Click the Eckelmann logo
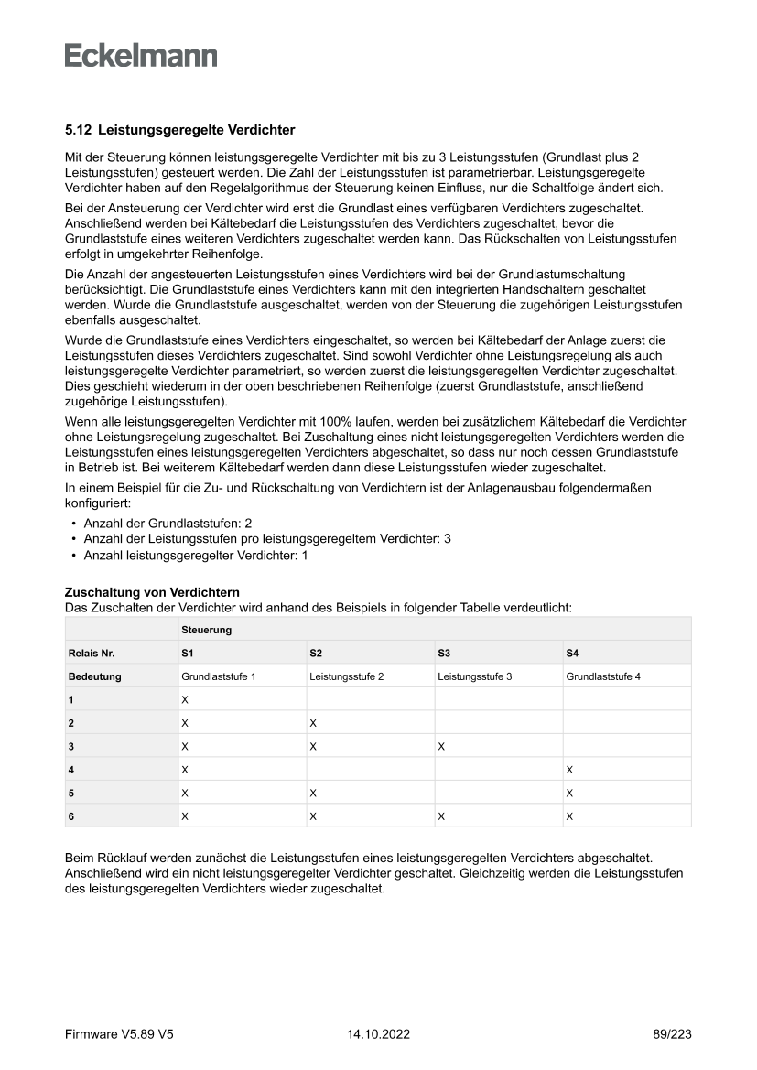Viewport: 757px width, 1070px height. [141, 55]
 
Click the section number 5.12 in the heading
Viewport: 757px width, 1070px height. [78, 130]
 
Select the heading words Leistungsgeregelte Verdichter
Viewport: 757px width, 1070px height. [196, 130]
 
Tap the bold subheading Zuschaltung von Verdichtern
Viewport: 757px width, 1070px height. [152, 593]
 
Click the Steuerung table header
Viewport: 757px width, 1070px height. [206, 630]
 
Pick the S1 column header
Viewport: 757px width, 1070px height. [188, 653]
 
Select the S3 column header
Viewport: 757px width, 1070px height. [444, 653]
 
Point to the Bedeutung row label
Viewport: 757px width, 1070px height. [94, 676]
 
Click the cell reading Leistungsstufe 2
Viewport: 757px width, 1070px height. [346, 676]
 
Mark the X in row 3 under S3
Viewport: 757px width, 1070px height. [441, 746]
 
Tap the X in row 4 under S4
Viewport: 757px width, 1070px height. [569, 770]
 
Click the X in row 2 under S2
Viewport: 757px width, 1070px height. [313, 723]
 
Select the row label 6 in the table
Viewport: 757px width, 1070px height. [71, 816]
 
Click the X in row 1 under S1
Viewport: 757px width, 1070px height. [185, 699]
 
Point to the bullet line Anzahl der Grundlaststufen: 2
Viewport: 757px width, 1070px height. [168, 523]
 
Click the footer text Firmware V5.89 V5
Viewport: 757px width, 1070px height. [119, 1034]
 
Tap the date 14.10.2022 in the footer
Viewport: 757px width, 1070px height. [378, 1034]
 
